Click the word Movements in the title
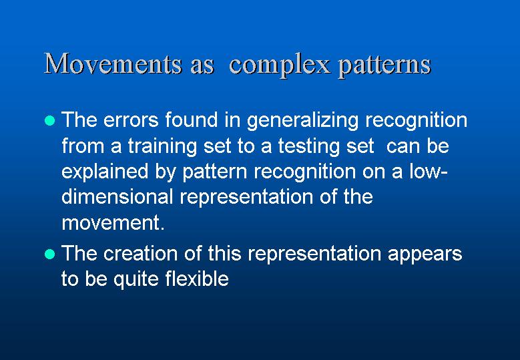point(113,63)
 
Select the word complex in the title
point(280,65)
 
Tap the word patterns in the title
point(384,65)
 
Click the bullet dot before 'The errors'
point(50,120)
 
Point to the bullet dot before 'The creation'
point(50,254)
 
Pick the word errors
point(131,120)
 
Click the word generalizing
point(303,121)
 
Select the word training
point(162,147)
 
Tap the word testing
point(309,147)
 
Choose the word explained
point(105,172)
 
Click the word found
point(192,120)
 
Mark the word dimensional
point(117,196)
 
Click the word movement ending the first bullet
point(113,223)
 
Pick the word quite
point(136,279)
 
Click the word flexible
point(197,278)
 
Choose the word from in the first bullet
point(83,146)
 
